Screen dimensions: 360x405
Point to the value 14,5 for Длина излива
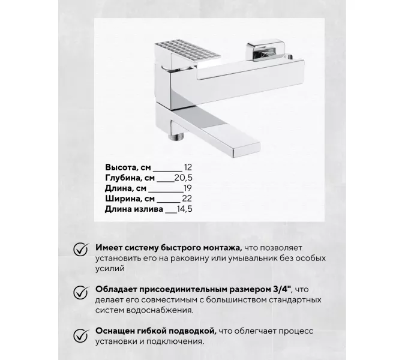(x=187, y=209)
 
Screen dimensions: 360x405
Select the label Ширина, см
(x=130, y=199)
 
